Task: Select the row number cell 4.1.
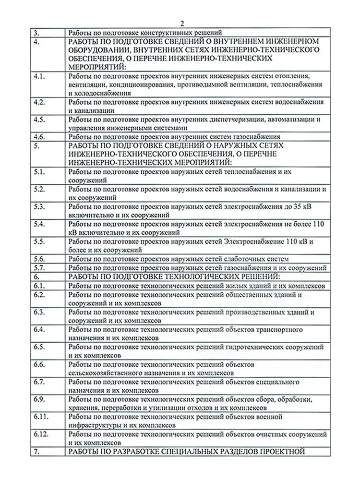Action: pyautogui.click(x=40, y=76)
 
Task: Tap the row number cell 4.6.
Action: pyautogui.click(x=40, y=136)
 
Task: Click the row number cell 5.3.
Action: pyautogui.click(x=40, y=206)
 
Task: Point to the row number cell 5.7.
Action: pyautogui.click(x=40, y=267)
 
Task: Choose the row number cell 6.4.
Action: pyautogui.click(x=40, y=330)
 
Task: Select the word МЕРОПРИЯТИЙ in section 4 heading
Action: pyautogui.click(x=96, y=66)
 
